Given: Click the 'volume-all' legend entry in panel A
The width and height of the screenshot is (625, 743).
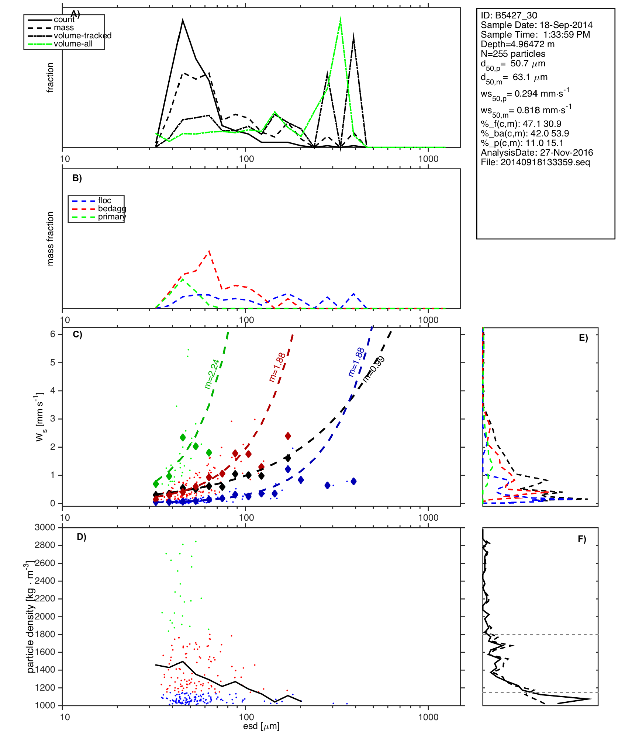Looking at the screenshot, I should (73, 44).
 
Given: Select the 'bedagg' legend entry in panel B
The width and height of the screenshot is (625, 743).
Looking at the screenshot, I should (112, 209).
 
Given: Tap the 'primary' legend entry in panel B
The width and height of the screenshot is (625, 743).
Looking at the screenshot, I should (112, 217).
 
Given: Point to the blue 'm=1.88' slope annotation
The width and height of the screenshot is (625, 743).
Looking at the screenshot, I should (356, 362).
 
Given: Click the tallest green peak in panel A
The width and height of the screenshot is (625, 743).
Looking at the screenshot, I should (340, 19).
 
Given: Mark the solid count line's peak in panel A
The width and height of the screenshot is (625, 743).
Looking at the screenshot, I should (183, 20).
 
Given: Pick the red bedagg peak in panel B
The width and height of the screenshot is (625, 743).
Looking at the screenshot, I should (209, 251).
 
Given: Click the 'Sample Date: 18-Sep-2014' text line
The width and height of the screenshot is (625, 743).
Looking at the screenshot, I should (536, 25).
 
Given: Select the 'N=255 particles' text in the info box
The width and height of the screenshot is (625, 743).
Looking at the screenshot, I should (513, 54).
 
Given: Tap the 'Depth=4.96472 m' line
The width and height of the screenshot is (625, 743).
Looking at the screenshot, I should (517, 44).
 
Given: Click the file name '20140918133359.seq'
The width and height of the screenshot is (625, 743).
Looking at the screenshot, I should (545, 162).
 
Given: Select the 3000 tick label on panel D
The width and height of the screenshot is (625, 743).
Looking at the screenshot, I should (45, 527).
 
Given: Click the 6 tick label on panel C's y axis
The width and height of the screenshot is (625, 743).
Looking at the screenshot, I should (53, 334).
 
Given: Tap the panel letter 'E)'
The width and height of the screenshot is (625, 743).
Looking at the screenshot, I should (583, 338).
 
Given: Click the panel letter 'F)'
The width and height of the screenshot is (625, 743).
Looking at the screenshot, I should (582, 539).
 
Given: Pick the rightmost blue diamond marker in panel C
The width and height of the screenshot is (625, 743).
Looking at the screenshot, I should (353, 481).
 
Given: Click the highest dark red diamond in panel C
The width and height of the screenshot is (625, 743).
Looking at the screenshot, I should (288, 436).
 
